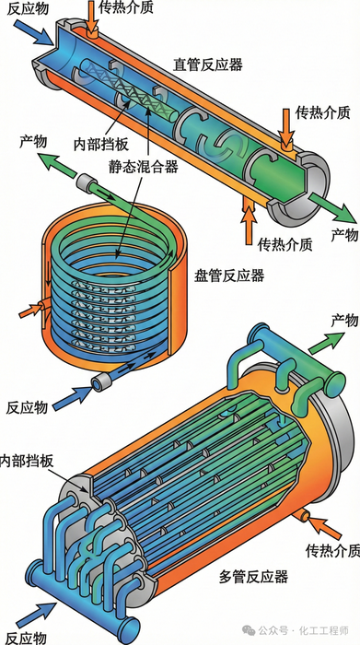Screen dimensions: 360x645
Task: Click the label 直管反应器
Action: (x=207, y=64)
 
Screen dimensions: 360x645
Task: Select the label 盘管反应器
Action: (x=229, y=276)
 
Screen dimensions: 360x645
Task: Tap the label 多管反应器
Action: (x=253, y=576)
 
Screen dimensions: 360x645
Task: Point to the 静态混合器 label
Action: (x=143, y=168)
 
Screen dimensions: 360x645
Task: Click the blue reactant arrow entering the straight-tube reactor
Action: (x=34, y=30)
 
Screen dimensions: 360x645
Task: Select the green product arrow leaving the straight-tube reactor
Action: (x=333, y=207)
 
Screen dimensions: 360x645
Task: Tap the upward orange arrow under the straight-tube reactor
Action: (x=249, y=221)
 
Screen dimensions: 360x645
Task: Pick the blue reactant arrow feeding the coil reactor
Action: (x=73, y=398)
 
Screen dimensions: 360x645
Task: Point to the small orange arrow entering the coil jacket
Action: (x=30, y=311)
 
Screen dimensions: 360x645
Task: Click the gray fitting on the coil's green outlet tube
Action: (x=86, y=182)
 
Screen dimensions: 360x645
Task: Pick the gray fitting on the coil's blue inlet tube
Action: (x=102, y=383)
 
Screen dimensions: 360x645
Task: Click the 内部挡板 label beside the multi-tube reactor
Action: (x=27, y=460)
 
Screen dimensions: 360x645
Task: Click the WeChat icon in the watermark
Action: (x=249, y=629)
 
